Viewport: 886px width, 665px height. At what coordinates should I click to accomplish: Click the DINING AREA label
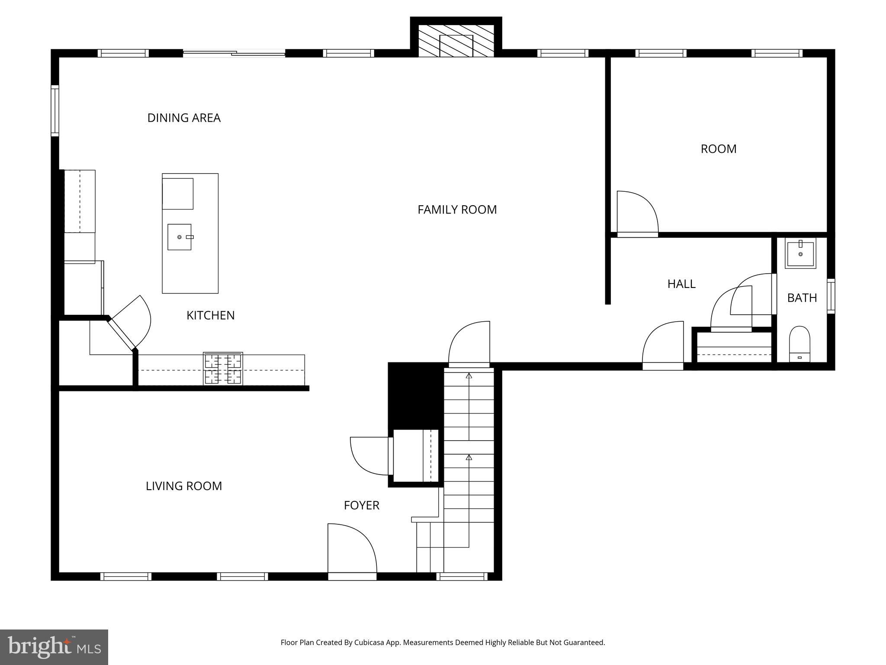pos(184,118)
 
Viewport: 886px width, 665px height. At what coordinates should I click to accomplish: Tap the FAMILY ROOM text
pos(457,210)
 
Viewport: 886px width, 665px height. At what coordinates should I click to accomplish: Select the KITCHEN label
pos(210,315)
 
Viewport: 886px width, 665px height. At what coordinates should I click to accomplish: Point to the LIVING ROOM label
pos(183,486)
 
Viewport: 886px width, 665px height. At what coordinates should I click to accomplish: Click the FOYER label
pos(361,505)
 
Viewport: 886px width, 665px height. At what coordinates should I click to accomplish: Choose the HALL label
pos(681,284)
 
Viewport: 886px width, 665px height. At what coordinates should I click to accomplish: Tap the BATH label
pos(802,298)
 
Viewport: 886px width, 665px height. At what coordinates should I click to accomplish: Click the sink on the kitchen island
pos(179,237)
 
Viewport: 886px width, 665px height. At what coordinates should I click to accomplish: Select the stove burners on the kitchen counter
pos(223,368)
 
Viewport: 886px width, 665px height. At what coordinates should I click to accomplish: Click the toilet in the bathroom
pos(799,344)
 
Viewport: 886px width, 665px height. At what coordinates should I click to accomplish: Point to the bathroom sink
pos(800,254)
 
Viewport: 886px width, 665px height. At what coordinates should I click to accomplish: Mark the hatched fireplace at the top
pos(456,41)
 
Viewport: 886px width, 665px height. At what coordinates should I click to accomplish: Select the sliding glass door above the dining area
pos(234,53)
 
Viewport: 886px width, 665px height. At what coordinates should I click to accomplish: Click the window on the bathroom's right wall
pos(831,296)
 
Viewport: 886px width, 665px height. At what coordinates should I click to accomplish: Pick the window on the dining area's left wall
pos(55,111)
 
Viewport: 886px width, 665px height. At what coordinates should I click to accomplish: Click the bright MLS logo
pos(54,647)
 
